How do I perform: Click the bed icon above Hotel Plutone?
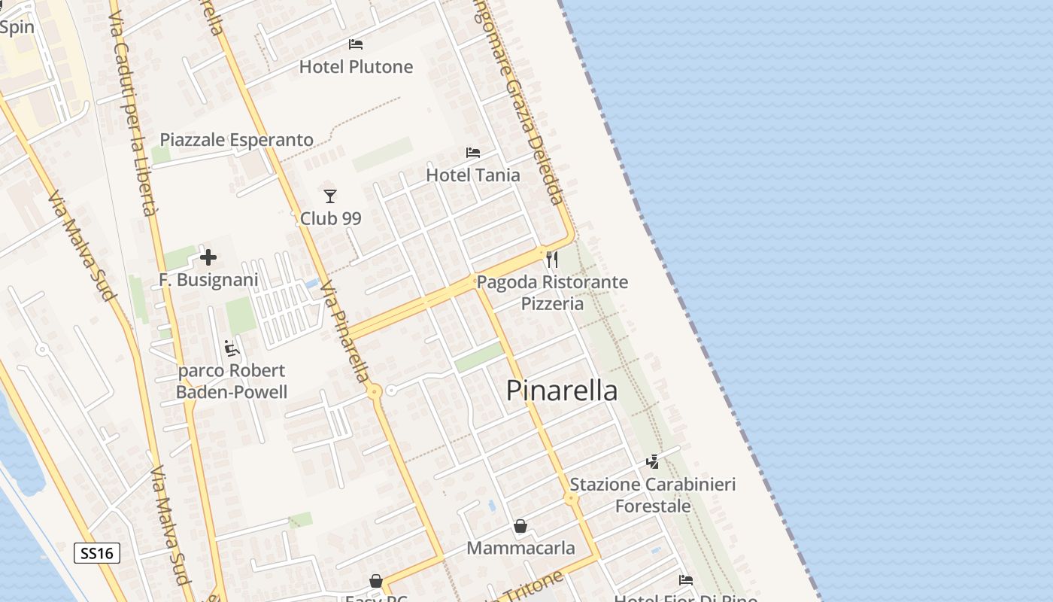[x=356, y=44]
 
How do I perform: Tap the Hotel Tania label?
[x=473, y=175]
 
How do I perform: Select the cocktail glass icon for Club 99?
[x=330, y=196]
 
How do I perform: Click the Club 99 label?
[x=331, y=219]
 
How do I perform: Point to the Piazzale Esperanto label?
[x=236, y=140]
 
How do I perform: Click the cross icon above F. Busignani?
[x=208, y=258]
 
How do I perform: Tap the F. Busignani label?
[x=208, y=280]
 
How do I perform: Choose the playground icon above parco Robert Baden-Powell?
[x=232, y=348]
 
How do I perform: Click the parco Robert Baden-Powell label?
[x=232, y=382]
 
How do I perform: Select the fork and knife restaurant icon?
[x=553, y=260]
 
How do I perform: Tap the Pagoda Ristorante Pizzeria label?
[x=552, y=293]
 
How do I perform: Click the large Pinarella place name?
[x=562, y=391]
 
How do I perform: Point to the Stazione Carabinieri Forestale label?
[x=653, y=495]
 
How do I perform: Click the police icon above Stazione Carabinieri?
[x=653, y=461]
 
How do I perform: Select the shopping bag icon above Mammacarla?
[x=520, y=526]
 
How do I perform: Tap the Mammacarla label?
[x=520, y=549]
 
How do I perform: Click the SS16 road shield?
[x=97, y=554]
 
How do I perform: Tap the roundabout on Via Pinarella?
[x=374, y=391]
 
